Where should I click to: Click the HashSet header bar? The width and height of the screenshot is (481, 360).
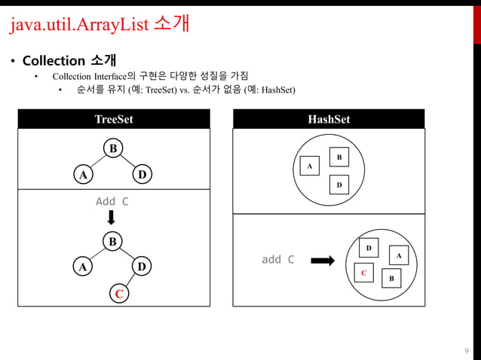329,119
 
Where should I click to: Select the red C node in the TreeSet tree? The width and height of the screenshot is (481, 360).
118,293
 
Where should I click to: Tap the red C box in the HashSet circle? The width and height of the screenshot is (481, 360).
363,273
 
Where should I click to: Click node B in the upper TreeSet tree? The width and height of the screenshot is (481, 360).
113,148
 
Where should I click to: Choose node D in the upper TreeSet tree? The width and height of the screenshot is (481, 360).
141,175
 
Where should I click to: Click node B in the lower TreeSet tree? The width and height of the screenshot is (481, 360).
113,242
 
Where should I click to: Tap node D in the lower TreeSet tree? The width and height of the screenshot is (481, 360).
141,267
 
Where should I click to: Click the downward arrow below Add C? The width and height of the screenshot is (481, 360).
112,218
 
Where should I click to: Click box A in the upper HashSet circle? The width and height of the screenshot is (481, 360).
308,166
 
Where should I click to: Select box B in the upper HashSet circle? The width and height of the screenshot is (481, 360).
339,157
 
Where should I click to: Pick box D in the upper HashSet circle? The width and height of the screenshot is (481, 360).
339,185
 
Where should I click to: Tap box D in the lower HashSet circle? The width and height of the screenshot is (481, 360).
369,248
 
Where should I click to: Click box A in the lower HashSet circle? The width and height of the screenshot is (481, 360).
398,256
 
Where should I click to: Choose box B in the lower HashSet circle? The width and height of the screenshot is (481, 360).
391,279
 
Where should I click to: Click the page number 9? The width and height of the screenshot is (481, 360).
467,350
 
